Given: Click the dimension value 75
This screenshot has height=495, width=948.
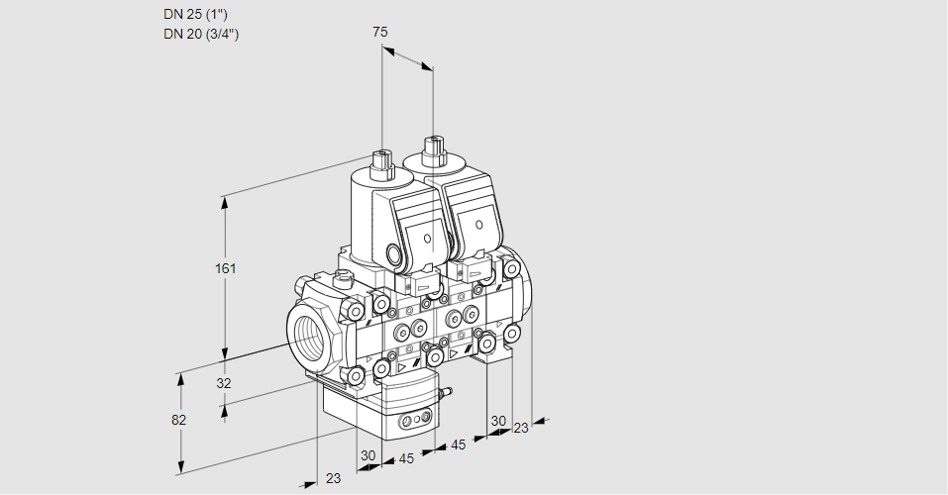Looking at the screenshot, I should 380,32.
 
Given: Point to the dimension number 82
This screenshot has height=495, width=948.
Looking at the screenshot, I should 178,420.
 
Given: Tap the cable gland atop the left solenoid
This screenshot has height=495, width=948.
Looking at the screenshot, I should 380,160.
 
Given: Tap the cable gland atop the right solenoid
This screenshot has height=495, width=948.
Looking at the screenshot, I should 432,151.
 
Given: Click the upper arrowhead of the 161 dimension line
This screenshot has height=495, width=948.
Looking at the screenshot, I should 225,202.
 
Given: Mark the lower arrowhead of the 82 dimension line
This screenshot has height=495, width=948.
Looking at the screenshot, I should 181,464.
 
